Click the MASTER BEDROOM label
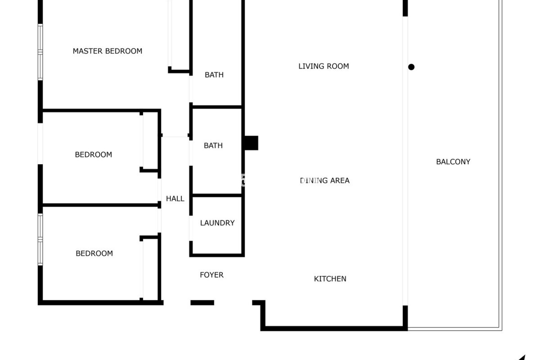tap(107, 51)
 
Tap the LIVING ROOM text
tap(323, 66)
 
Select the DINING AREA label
tap(325, 181)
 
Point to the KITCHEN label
tap(330, 279)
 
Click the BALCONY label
tap(453, 162)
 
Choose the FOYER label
tap(211, 275)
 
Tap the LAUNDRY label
tap(217, 223)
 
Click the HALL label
tap(175, 199)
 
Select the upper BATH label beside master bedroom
tap(214, 75)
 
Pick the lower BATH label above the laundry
tap(213, 146)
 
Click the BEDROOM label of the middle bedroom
tap(93, 155)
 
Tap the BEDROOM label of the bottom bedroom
tap(94, 253)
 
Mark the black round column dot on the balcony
tap(411, 67)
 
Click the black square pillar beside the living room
tap(251, 143)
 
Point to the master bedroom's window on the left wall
tap(40, 52)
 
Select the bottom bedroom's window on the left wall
tap(40, 239)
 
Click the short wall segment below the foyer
tap(202, 303)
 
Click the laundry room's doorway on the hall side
tap(191, 228)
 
